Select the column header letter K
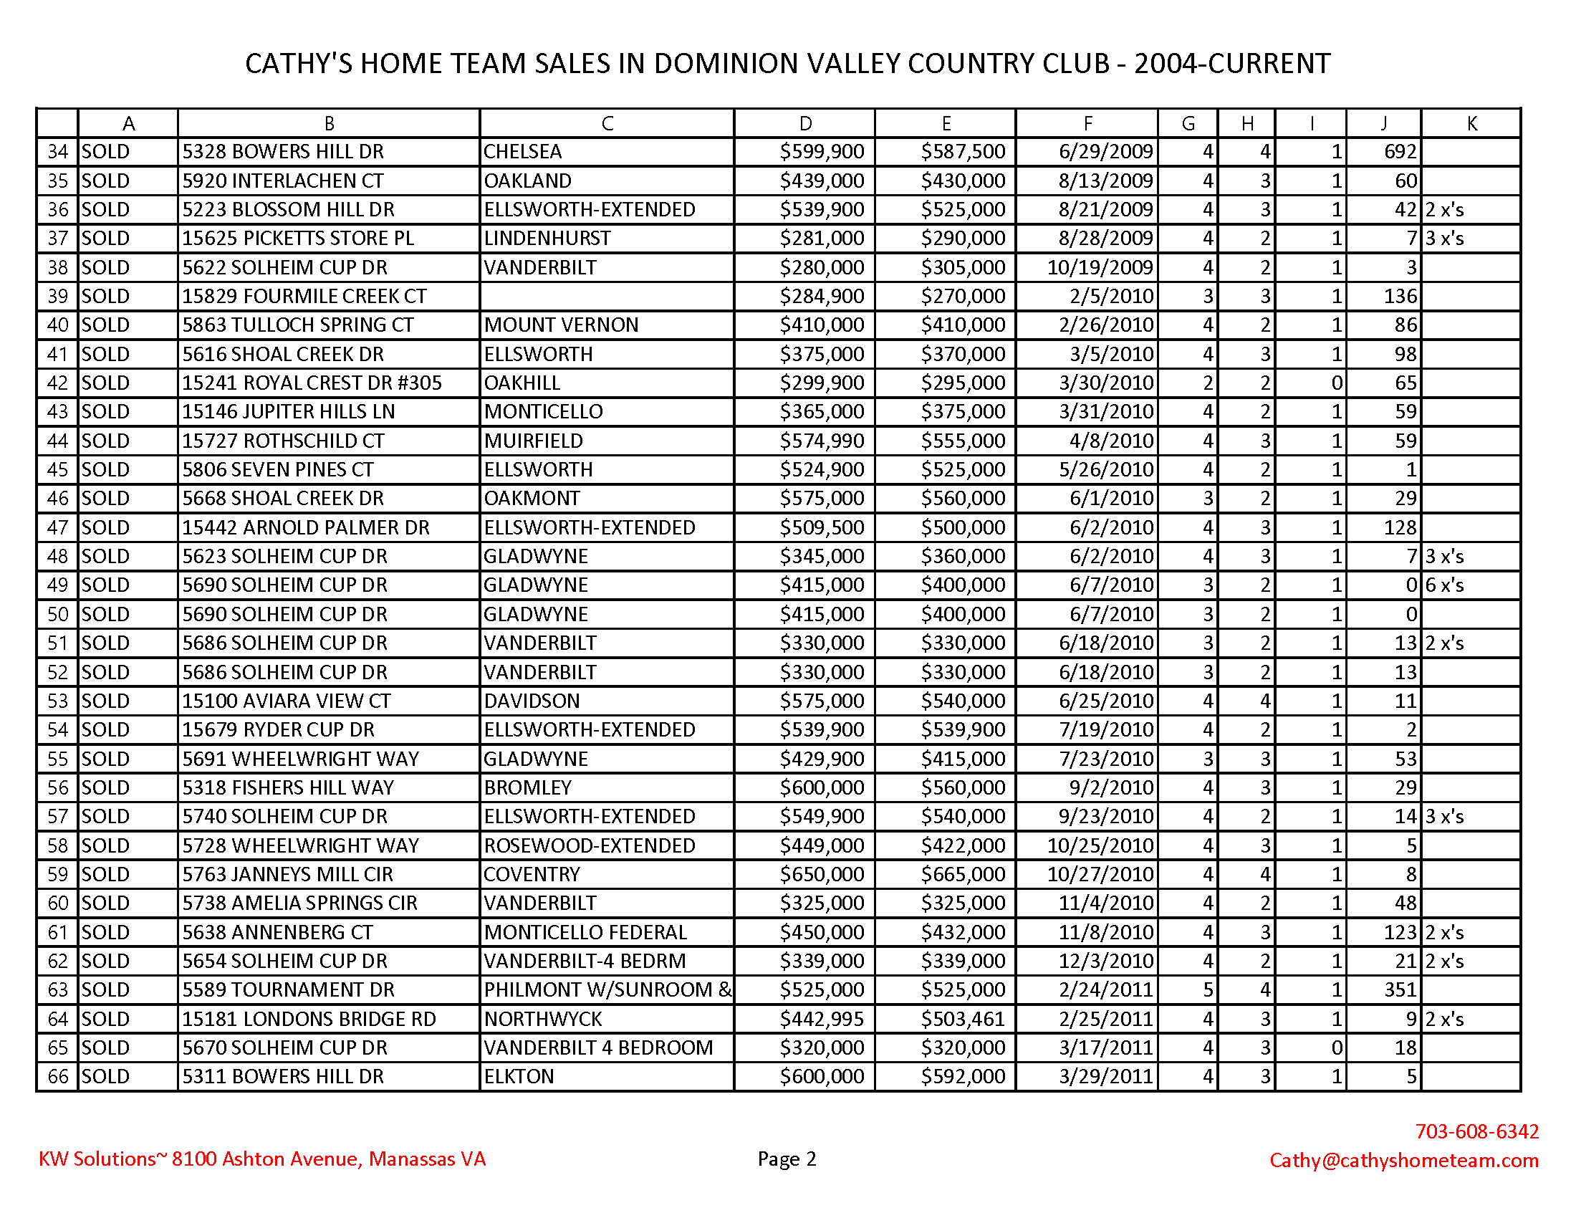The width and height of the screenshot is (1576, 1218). [x=1471, y=123]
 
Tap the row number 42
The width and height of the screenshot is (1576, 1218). [x=58, y=383]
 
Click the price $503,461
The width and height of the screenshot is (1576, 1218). [x=963, y=1019]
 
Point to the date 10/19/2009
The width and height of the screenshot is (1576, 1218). [x=1100, y=267]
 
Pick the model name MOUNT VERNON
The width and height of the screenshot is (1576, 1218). [x=561, y=325]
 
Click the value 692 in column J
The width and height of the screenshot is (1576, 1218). [x=1400, y=151]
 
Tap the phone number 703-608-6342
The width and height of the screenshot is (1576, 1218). [x=1476, y=1131]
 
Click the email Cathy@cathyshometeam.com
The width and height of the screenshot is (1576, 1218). [x=1403, y=1159]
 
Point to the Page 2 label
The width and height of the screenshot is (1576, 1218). [x=787, y=1159]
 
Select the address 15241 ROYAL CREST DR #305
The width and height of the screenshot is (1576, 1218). [x=311, y=383]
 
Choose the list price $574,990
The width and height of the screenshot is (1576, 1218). [x=821, y=441]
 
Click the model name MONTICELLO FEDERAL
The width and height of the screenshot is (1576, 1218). [x=585, y=932]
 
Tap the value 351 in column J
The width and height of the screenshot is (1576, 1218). [x=1400, y=989]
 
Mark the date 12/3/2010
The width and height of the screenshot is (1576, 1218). [x=1105, y=961]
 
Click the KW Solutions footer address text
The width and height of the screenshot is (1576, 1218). [x=262, y=1159]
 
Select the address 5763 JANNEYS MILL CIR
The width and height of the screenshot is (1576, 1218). [x=287, y=875]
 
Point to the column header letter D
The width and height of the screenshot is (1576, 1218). [x=804, y=123]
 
